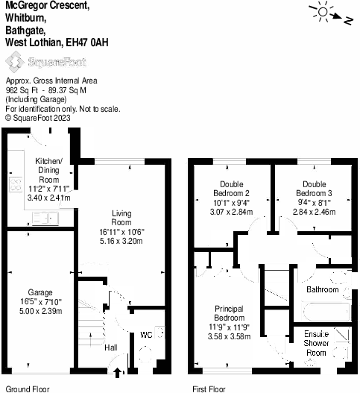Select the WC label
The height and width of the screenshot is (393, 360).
tap(146, 335)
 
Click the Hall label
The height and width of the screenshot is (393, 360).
tap(111, 348)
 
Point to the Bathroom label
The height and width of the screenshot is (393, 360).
tap(323, 290)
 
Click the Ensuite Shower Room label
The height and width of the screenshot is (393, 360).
tap(316, 343)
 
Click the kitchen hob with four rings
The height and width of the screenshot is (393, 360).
tap(16, 184)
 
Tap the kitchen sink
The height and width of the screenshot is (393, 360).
tap(45, 218)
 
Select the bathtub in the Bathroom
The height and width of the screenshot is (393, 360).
tap(326, 312)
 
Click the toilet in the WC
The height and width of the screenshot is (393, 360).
tap(145, 354)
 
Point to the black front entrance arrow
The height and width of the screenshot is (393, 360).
tap(117, 373)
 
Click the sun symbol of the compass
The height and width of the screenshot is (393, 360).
tap(323, 12)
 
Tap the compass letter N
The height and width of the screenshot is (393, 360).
tap(348, 21)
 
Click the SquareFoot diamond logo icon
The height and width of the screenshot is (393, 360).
tap(15, 62)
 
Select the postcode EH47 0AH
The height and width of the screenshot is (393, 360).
tap(87, 43)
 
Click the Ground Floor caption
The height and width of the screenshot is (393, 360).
tap(28, 389)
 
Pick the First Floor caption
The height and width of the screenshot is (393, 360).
tap(209, 389)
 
